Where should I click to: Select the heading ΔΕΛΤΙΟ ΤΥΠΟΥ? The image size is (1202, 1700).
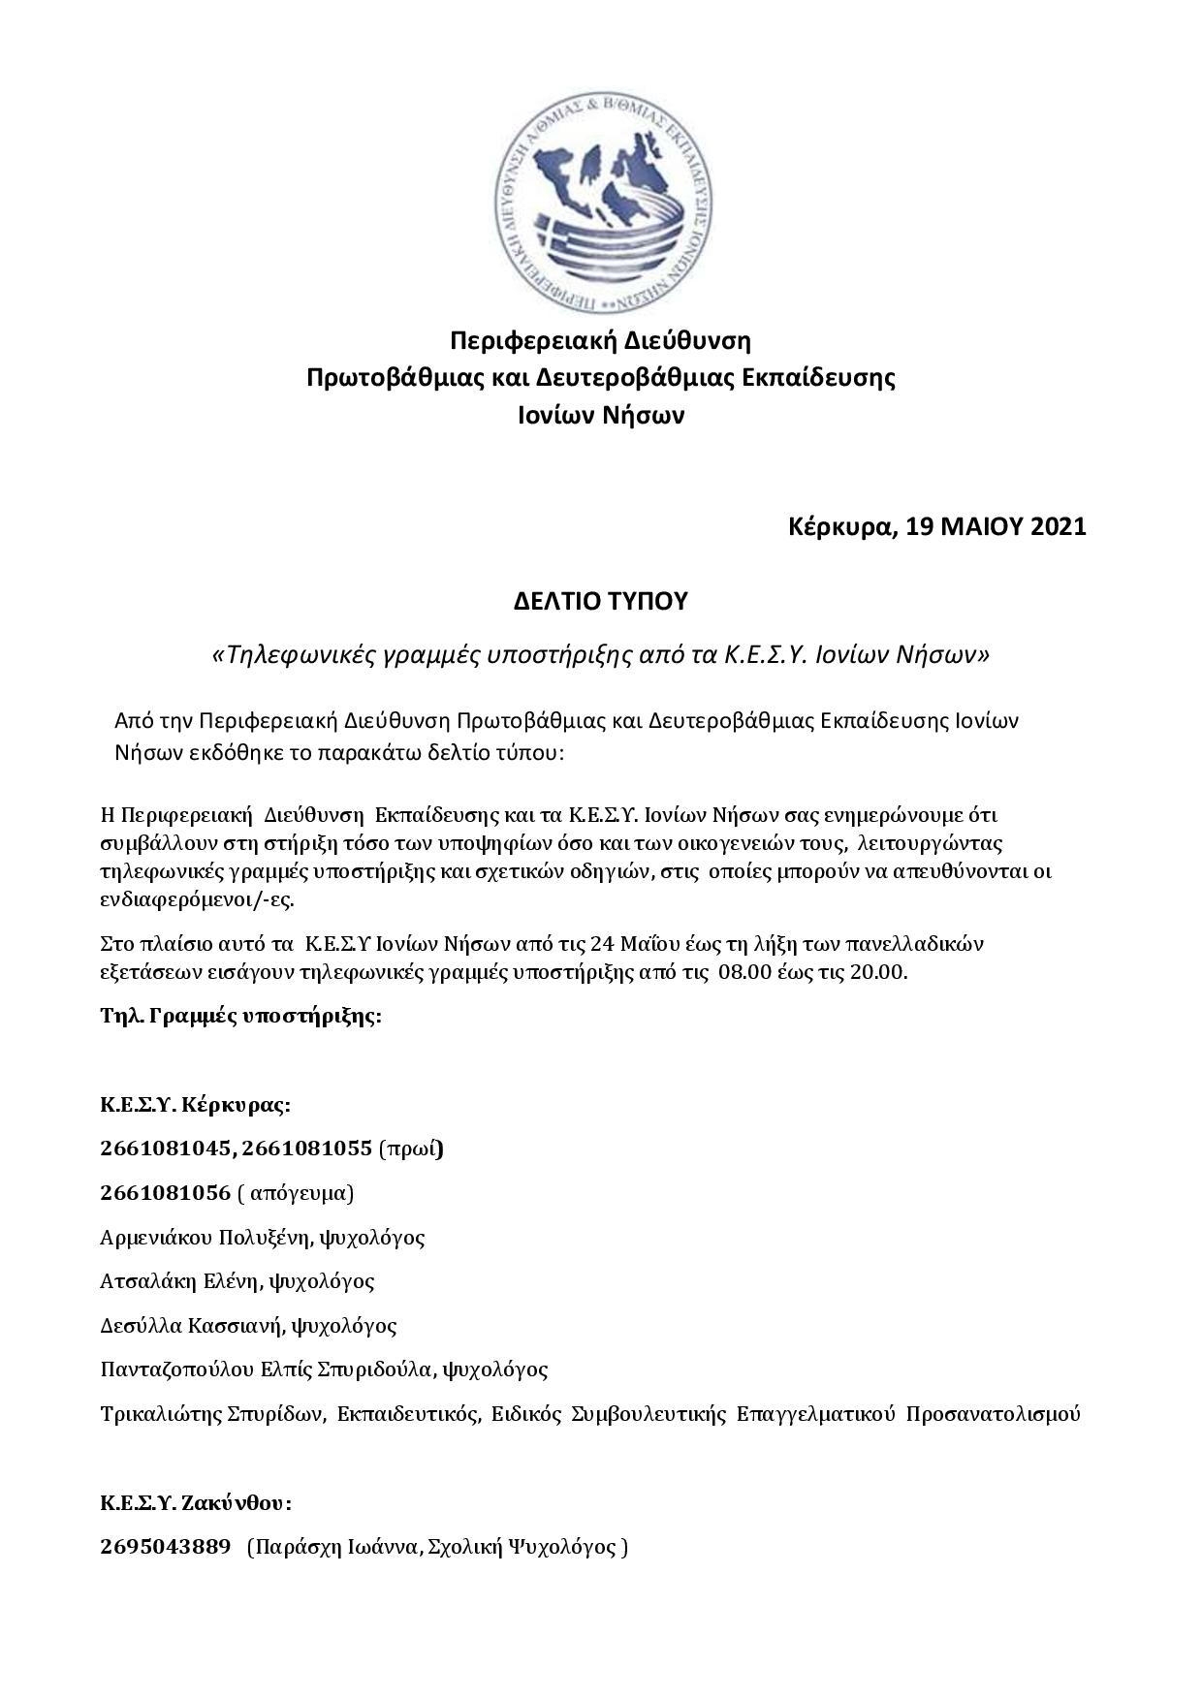point(600,602)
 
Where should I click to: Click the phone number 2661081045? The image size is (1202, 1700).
point(165,1149)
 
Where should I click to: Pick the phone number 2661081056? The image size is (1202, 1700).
point(165,1192)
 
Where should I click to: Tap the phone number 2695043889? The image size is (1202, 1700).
point(165,1547)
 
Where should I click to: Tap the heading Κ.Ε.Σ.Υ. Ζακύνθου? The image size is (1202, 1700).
point(195,1503)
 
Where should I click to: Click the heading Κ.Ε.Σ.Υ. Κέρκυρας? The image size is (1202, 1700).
point(195,1105)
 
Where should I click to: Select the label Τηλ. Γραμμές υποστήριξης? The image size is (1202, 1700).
point(240,1017)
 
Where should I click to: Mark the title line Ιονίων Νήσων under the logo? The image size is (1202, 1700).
point(600,416)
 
